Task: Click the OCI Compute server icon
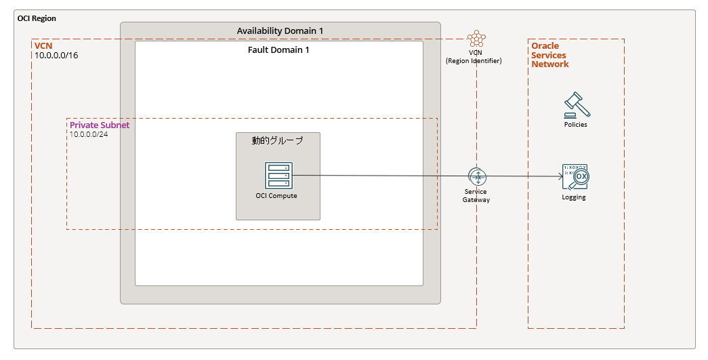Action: [278, 176]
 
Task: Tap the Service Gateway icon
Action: [477, 177]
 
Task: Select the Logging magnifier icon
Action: [576, 177]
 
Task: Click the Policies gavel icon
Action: [577, 105]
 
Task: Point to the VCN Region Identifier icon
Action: [476, 39]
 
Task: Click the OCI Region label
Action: [37, 18]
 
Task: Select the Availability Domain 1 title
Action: [280, 31]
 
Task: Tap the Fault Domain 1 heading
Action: [278, 50]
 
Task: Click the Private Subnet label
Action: [100, 125]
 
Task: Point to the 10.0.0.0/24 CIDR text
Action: [89, 135]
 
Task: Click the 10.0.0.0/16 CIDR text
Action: [56, 56]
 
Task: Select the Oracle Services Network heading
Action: [550, 55]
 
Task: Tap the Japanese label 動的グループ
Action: [277, 140]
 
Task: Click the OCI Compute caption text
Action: [276, 195]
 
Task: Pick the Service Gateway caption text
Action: [476, 195]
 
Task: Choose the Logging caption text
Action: [574, 197]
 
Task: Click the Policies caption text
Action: [576, 125]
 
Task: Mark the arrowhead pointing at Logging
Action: [561, 177]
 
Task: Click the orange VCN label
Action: [43, 46]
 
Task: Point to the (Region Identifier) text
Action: [474, 61]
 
